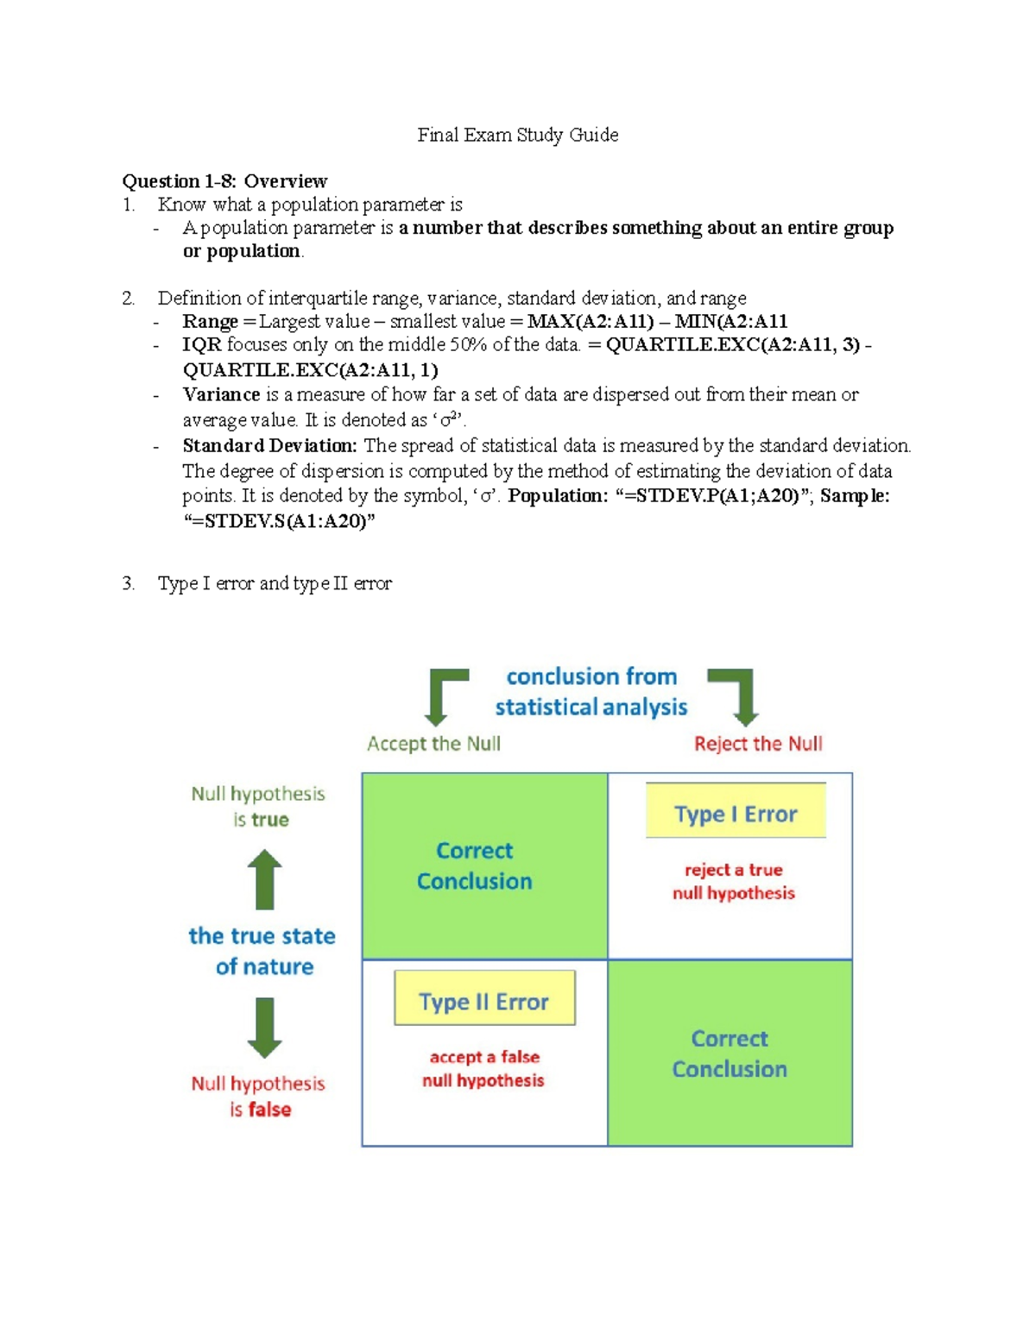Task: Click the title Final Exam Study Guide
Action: pos(517,135)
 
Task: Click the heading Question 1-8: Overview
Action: pos(224,181)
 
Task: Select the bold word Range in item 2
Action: pos(210,322)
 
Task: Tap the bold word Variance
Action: pos(221,394)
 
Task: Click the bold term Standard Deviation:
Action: pos(269,446)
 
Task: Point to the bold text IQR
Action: pos(202,345)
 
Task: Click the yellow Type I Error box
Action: pos(736,811)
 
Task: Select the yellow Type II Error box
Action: pos(484,998)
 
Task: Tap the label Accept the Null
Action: pos(433,744)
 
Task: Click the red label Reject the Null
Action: pos(758,744)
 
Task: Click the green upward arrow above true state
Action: pos(265,879)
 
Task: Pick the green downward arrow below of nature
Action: pos(265,1027)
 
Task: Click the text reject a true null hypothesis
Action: pos(734,881)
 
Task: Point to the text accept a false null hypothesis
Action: pos(483,1068)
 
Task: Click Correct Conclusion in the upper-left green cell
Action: pos(475,865)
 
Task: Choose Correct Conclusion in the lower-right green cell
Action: pos(730,1054)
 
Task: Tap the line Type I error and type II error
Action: pos(275,584)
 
